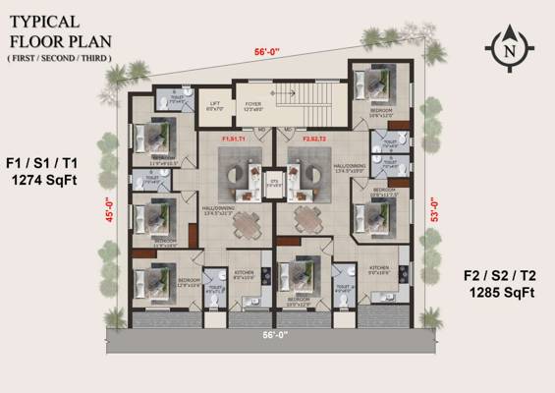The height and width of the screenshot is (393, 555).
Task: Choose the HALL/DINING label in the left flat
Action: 218,208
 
